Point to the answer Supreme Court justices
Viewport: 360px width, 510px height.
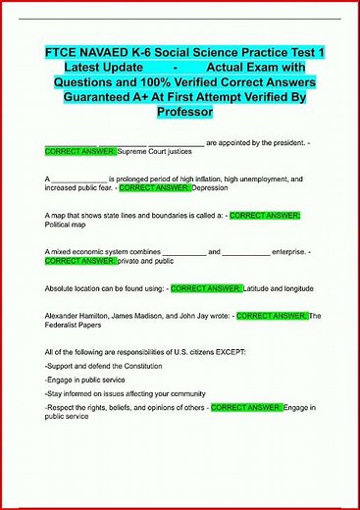160,153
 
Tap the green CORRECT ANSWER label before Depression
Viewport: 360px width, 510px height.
154,186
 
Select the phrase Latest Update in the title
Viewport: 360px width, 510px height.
103,67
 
